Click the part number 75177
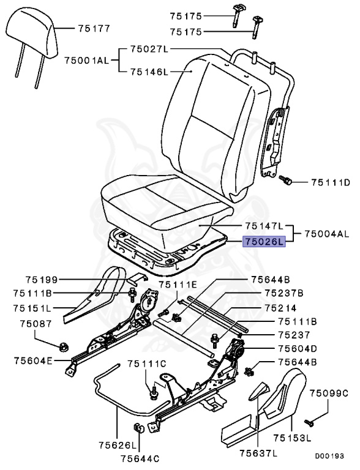coord(94,28)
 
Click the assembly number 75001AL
coord(86,59)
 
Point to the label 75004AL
coord(328,234)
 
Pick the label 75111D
coord(329,182)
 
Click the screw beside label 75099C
coord(307,422)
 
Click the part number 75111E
coord(178,285)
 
